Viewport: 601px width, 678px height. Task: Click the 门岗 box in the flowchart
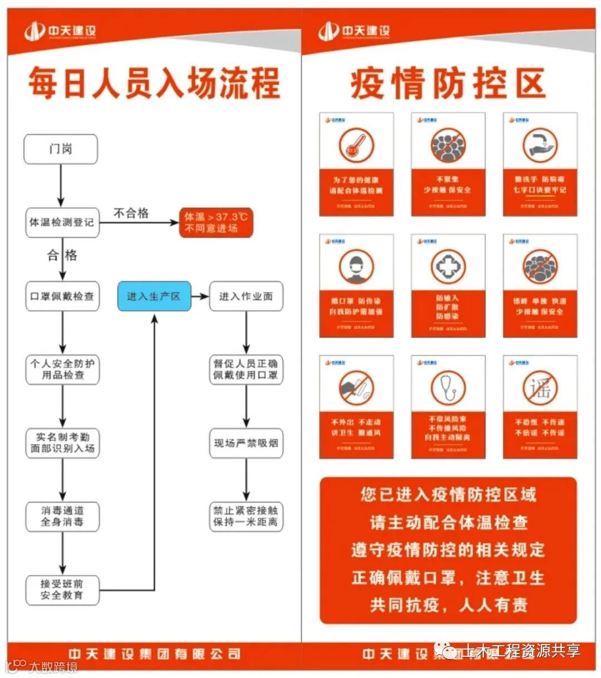(61, 149)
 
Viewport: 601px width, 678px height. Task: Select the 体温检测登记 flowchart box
(62, 222)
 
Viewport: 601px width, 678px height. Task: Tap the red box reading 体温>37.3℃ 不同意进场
(216, 223)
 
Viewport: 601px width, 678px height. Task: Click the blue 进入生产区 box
(154, 296)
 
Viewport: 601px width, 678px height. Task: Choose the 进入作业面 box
(246, 296)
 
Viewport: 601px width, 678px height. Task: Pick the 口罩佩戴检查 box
(62, 296)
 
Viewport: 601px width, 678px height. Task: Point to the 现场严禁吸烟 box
(246, 443)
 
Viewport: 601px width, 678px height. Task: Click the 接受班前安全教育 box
(62, 589)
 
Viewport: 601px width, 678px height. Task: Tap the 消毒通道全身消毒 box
(62, 516)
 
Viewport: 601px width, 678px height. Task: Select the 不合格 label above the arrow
(131, 213)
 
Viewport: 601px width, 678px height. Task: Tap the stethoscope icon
(447, 387)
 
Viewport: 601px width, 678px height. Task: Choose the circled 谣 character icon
(540, 387)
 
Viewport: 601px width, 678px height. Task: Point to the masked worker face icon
(356, 266)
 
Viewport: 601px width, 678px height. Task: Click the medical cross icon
(447, 266)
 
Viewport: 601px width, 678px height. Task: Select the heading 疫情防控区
(448, 85)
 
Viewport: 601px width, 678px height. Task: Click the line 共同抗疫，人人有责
(449, 605)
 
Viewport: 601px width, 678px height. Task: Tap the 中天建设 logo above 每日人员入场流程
(60, 31)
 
